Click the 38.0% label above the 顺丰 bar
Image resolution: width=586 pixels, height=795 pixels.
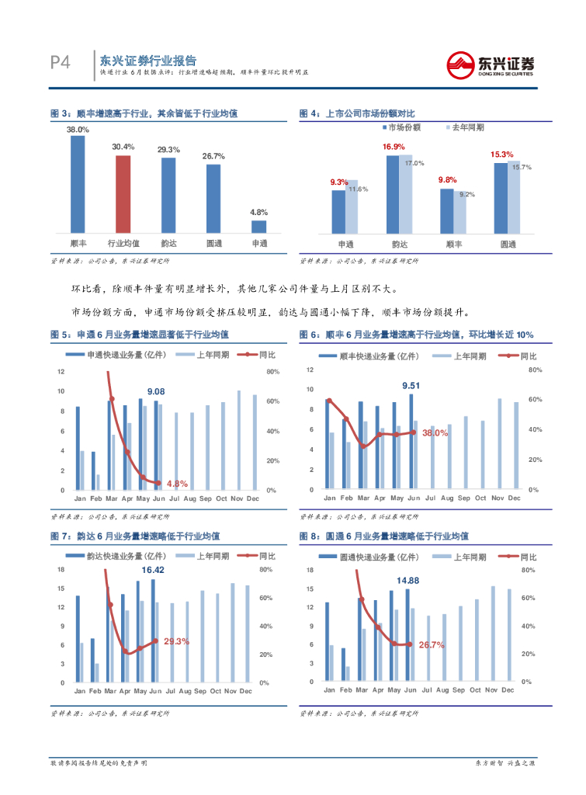click(78, 130)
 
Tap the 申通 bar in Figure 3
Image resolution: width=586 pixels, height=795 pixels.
click(258, 226)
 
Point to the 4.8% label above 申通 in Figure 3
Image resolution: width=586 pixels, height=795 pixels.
click(258, 212)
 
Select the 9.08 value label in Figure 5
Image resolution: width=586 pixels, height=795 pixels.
click(155, 391)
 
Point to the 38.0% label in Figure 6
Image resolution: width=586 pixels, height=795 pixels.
click(435, 433)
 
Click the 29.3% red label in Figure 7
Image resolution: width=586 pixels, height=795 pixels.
click(178, 641)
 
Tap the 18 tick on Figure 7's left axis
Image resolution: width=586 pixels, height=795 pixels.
click(61, 570)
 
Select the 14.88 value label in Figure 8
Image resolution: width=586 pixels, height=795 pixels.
click(407, 581)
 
